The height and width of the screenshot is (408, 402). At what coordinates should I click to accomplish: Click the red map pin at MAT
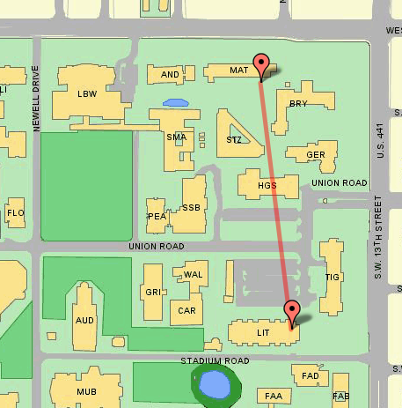click(260, 64)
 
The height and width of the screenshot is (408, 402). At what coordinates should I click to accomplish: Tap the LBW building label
click(86, 93)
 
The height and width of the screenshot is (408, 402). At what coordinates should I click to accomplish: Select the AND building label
click(171, 75)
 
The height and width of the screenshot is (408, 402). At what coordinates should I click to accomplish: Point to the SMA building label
click(176, 137)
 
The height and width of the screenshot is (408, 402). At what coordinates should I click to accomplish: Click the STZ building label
click(234, 140)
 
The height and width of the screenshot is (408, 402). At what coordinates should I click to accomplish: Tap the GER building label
click(317, 155)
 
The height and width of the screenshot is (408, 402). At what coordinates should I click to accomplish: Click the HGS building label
click(267, 186)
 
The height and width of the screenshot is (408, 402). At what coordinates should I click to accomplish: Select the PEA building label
click(157, 216)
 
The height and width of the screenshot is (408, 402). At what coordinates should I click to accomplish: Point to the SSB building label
click(191, 208)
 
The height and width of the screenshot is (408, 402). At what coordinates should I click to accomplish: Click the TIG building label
click(332, 277)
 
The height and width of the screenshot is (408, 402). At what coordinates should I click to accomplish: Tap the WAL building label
click(194, 275)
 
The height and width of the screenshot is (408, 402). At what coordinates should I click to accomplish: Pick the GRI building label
click(152, 292)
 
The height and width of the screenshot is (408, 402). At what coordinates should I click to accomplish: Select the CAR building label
click(186, 310)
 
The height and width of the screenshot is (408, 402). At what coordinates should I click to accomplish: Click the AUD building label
click(84, 321)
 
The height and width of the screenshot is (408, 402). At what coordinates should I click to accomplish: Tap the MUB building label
click(84, 391)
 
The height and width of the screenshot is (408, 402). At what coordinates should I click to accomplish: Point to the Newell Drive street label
click(37, 99)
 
